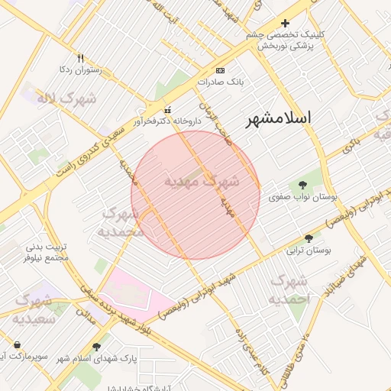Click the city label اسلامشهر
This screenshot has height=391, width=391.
[280, 119]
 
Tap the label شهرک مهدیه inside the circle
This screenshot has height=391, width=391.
[202, 182]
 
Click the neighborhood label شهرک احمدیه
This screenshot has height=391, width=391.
[289, 291]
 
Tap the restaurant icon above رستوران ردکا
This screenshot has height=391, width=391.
[81, 58]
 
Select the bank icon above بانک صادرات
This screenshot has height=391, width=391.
[221, 69]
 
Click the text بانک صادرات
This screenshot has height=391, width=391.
[220, 81]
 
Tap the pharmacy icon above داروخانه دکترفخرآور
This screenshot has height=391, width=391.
[168, 109]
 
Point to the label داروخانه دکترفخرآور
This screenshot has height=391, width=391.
[166, 121]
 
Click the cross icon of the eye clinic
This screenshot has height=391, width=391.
[286, 23]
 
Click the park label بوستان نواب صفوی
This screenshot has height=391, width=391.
[303, 196]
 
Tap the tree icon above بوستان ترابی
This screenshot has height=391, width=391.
[309, 238]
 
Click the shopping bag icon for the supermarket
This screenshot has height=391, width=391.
[17, 345]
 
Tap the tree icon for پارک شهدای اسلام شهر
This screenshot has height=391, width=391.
[96, 347]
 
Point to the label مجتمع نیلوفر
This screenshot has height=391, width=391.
[47, 258]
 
